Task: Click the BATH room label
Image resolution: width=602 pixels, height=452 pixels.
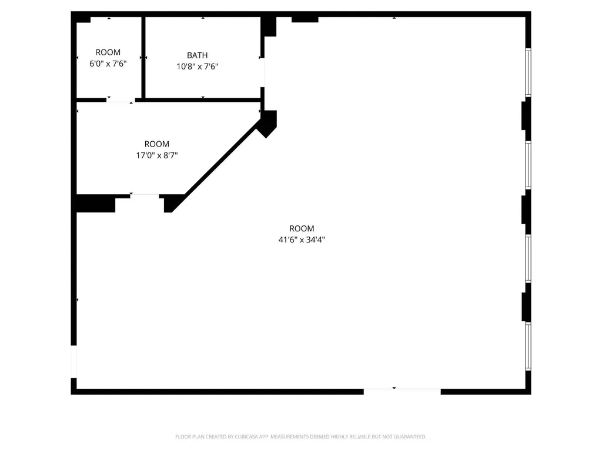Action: point(198,55)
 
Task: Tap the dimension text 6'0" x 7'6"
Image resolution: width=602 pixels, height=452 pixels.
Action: point(108,64)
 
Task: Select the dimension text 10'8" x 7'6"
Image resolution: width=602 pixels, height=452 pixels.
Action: point(198,67)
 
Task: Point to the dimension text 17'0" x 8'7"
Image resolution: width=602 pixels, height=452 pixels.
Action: point(157,155)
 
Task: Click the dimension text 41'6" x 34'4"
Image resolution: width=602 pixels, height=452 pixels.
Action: point(302,240)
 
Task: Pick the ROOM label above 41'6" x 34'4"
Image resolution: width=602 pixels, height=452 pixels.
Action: point(302,228)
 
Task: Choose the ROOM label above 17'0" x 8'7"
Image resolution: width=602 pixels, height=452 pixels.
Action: point(157,144)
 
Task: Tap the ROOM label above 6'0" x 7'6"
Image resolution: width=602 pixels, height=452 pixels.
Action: point(108,52)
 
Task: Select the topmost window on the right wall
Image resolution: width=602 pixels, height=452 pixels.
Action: point(528,72)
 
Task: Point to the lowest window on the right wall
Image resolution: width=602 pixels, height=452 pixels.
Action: point(528,346)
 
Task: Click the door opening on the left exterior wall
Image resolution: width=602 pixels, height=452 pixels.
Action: point(73,361)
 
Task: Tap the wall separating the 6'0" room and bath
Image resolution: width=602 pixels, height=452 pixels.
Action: point(142,57)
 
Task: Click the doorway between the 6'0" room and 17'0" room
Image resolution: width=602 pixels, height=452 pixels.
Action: point(120,100)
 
